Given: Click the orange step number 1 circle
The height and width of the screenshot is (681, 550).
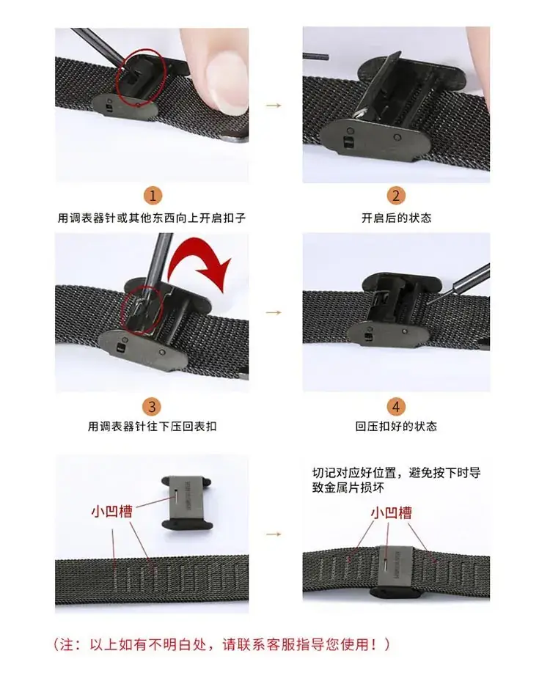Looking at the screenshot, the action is tap(153, 196).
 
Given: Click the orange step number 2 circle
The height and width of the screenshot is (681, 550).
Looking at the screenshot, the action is tap(396, 196).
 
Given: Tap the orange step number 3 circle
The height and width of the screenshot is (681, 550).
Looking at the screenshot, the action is tap(152, 407).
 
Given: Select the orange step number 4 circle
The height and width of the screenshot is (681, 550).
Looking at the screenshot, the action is tap(396, 407).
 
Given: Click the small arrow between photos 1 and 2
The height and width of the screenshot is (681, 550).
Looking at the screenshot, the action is tap(274, 105).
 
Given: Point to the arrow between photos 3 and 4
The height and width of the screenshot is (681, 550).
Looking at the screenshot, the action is tap(274, 312).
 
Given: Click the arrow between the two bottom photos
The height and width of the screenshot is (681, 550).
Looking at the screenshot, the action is tap(274, 534).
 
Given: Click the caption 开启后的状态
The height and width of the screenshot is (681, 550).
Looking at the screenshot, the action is tap(396, 218).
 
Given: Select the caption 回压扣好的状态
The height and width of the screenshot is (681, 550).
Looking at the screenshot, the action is tap(396, 426).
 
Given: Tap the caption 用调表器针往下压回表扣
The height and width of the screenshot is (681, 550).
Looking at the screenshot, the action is tap(152, 426).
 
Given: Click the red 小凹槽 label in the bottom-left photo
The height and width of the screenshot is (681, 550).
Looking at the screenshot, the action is tap(111, 511).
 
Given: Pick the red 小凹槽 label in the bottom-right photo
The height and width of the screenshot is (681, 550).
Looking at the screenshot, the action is tap(391, 513).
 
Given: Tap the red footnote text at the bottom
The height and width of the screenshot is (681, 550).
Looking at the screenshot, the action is tap(221, 644).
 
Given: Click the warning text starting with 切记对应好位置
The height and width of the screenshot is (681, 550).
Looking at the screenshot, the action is tap(396, 480).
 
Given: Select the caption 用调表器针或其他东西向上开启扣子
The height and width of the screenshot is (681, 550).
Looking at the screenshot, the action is tap(152, 218).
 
